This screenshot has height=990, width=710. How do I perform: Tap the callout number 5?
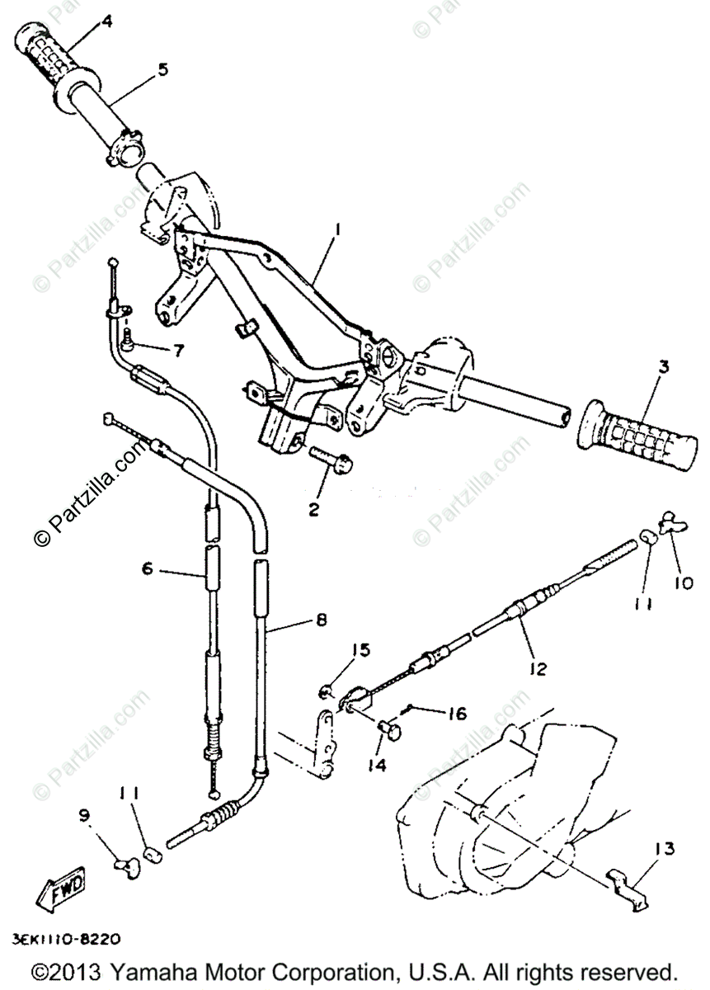tap(162, 68)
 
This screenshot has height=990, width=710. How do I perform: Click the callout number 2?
tap(313, 509)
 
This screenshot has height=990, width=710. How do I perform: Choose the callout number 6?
tap(148, 568)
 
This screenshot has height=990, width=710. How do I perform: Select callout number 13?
tap(665, 847)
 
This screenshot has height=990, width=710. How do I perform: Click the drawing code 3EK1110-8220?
tap(67, 938)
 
